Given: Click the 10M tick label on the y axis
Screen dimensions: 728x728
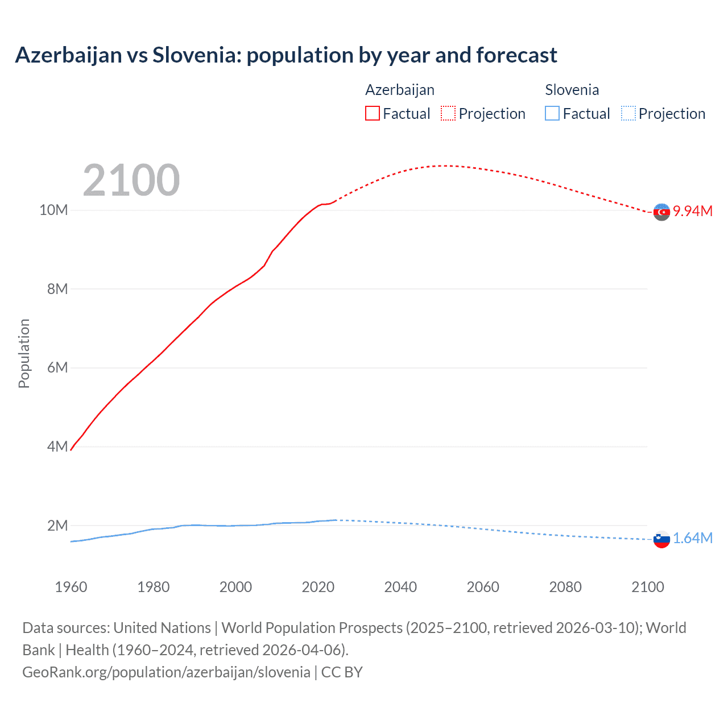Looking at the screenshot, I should pyautogui.click(x=53, y=210).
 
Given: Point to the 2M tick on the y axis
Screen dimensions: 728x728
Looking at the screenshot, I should pyautogui.click(x=57, y=526).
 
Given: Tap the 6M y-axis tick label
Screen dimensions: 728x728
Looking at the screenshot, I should pyautogui.click(x=57, y=368).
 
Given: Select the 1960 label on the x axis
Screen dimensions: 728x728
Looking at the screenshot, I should pyautogui.click(x=71, y=587).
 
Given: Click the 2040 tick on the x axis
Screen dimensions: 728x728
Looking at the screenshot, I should pyautogui.click(x=400, y=587).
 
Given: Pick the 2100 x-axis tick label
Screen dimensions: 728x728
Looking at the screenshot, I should pyautogui.click(x=647, y=587).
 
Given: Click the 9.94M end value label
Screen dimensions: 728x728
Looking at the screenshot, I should pyautogui.click(x=692, y=211).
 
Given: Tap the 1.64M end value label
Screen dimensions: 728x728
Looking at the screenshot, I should pyautogui.click(x=692, y=538).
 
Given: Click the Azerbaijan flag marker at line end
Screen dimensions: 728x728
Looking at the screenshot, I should pyautogui.click(x=661, y=212).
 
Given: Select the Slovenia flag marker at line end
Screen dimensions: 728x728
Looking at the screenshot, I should pyautogui.click(x=661, y=539).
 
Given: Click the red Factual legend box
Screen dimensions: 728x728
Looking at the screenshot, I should pyautogui.click(x=373, y=113).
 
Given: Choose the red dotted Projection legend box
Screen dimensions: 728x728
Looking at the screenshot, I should pyautogui.click(x=448, y=113).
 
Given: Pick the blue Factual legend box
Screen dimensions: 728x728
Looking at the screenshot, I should pyautogui.click(x=552, y=113).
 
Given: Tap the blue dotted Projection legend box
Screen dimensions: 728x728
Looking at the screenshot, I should pyautogui.click(x=628, y=113).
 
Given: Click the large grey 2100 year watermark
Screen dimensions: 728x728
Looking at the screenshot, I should pyautogui.click(x=131, y=180).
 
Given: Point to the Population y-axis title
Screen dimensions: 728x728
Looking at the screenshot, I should pyautogui.click(x=24, y=353).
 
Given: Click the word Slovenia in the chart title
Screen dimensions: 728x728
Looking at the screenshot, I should pyautogui.click(x=196, y=55).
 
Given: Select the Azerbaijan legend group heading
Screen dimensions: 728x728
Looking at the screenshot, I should pyautogui.click(x=400, y=90).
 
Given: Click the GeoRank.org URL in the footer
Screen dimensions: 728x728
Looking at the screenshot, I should pyautogui.click(x=166, y=672).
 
